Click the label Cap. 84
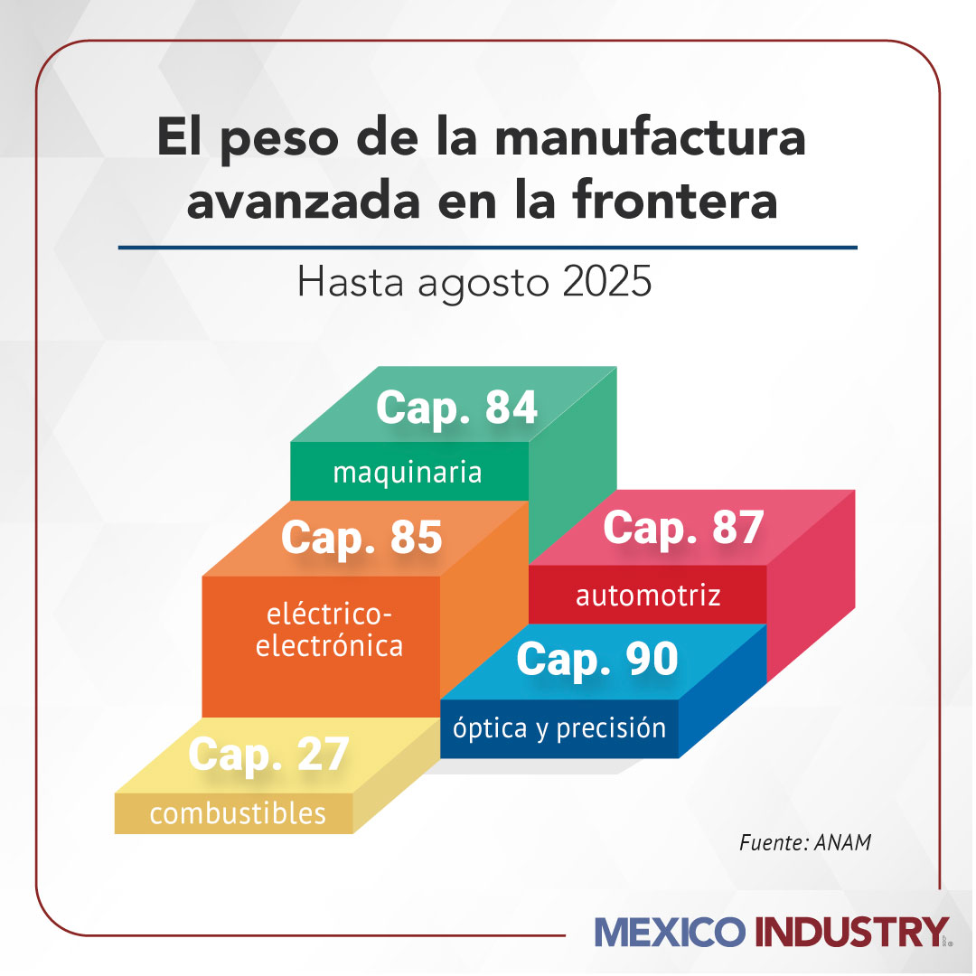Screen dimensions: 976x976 click(456, 408)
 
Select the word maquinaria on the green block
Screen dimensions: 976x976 click(407, 473)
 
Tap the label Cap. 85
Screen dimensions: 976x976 click(361, 538)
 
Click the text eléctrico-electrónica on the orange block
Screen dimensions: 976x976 click(330, 631)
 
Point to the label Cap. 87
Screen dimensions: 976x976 click(683, 529)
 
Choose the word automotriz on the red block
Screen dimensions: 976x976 click(648, 596)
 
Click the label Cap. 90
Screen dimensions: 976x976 click(597, 661)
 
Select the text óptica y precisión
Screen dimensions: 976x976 click(559, 728)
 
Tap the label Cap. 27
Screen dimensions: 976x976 click(268, 755)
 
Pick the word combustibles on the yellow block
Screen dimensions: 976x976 click(238, 813)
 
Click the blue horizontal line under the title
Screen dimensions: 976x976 click(488, 246)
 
